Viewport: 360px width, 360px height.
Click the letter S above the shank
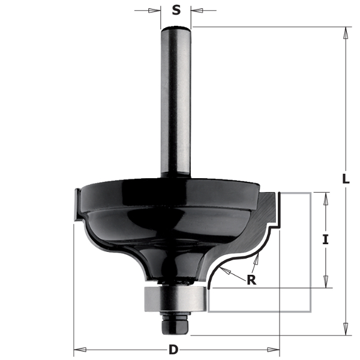coord(176,10)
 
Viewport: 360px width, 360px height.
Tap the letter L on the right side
coord(346,179)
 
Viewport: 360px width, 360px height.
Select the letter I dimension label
coord(325,239)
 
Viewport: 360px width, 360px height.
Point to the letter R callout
coord(251,280)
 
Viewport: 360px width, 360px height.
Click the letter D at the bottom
coord(173,350)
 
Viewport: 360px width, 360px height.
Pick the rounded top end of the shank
coord(176,29)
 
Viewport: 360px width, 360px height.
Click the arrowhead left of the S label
coord(154,10)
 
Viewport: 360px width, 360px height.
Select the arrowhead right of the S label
coord(197,10)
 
